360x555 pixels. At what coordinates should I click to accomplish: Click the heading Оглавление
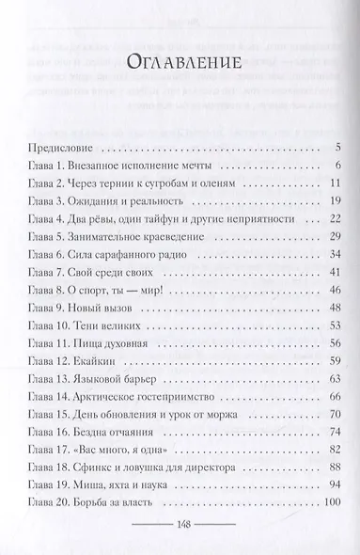[180, 64]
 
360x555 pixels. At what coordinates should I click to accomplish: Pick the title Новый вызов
[112, 323]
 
